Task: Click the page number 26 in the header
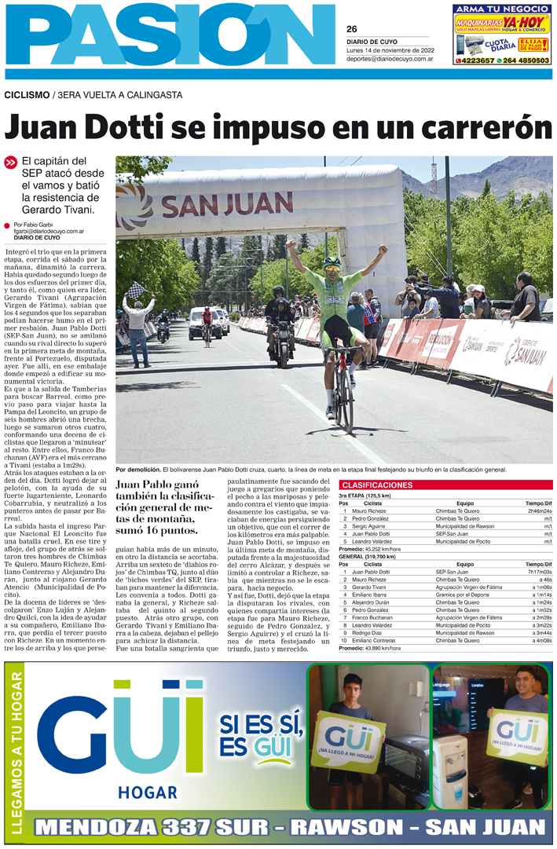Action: coord(352,29)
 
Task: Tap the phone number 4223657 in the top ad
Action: coord(477,60)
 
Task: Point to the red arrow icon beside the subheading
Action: coord(11,163)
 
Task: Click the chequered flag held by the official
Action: coord(137,290)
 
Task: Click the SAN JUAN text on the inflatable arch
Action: coord(216,205)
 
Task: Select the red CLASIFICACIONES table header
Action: coord(378,485)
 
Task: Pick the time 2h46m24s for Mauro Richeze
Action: coord(538,510)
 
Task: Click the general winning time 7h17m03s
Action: coord(538,572)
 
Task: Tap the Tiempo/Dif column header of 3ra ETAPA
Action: coord(538,503)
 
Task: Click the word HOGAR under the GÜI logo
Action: coord(145,791)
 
